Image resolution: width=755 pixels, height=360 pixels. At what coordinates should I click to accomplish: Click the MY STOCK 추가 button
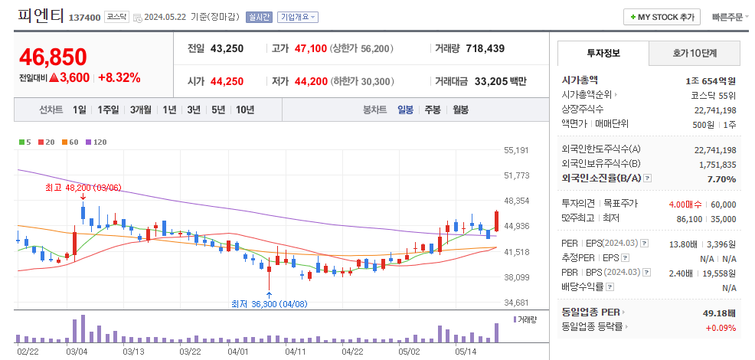pyautogui.click(x=663, y=17)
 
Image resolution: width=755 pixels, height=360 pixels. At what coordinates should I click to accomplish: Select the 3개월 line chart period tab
pyautogui.click(x=141, y=110)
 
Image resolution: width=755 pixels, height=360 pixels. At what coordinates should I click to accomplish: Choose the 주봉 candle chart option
pyautogui.click(x=433, y=110)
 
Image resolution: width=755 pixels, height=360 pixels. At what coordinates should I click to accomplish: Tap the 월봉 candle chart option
pyautogui.click(x=460, y=110)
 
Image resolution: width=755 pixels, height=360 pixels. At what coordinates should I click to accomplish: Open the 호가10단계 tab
pyautogui.click(x=695, y=53)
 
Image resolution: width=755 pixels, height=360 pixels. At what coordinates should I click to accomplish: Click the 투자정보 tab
pyautogui.click(x=603, y=53)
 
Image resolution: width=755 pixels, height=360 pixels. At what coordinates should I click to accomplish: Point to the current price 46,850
pyautogui.click(x=54, y=57)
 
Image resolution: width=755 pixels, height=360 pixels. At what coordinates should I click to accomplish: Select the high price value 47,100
pyautogui.click(x=310, y=48)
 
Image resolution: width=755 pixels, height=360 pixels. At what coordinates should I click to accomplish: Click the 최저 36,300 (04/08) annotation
pyautogui.click(x=270, y=303)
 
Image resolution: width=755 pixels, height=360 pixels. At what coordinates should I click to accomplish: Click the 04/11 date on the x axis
pyautogui.click(x=295, y=352)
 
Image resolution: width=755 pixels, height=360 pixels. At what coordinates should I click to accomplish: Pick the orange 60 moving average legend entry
pyautogui.click(x=71, y=142)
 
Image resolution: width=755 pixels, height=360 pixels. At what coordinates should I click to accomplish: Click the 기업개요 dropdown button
pyautogui.click(x=299, y=17)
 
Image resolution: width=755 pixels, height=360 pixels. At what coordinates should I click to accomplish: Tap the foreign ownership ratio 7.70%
pyautogui.click(x=722, y=178)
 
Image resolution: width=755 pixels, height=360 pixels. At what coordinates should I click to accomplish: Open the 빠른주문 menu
pyautogui.click(x=730, y=17)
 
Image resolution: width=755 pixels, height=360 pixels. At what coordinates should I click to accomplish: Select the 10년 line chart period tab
pyautogui.click(x=245, y=110)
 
